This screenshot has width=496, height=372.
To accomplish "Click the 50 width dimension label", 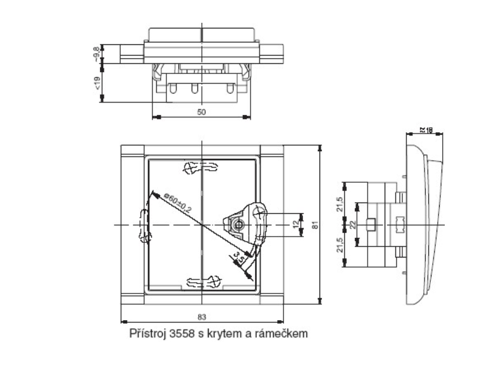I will [x=201, y=111].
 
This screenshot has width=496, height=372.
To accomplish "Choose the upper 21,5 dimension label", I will [x=339, y=204].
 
